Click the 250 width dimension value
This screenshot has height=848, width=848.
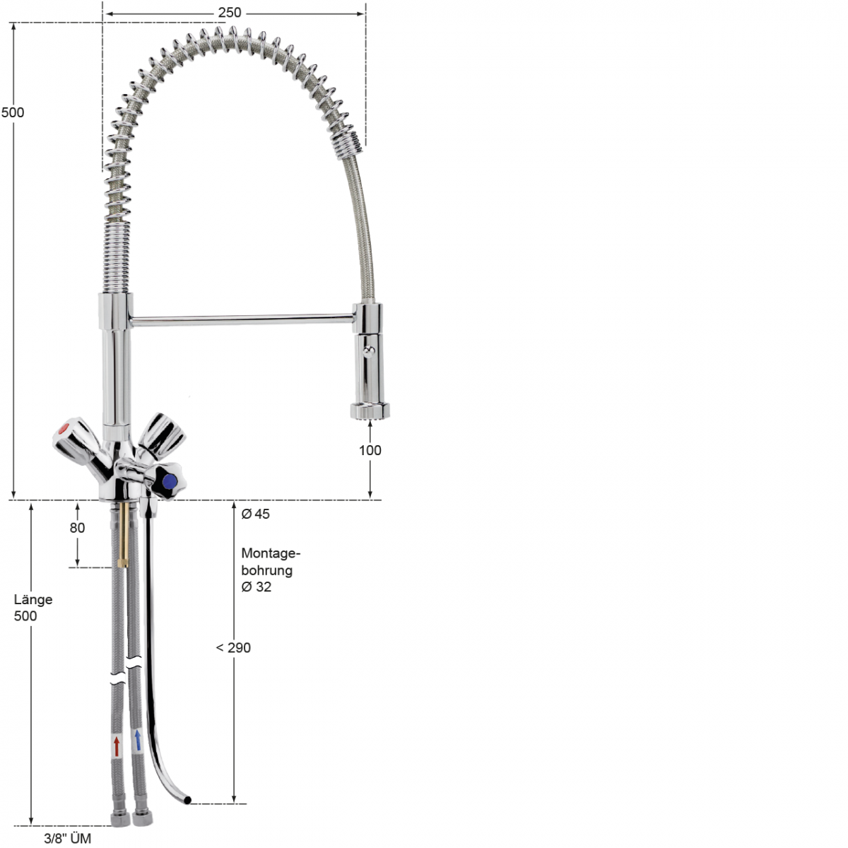point(230,13)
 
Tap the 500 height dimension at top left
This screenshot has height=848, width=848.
point(13,112)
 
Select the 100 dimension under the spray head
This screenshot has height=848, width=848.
point(370,450)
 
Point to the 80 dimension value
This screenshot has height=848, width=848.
point(77,528)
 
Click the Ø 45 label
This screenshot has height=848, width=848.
point(255,514)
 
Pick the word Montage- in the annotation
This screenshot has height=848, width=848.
point(271,553)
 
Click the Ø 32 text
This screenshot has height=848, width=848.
point(256,587)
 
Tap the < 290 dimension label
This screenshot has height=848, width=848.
point(233,648)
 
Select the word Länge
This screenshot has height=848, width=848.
point(33,600)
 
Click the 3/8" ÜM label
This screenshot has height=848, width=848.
point(67,838)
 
